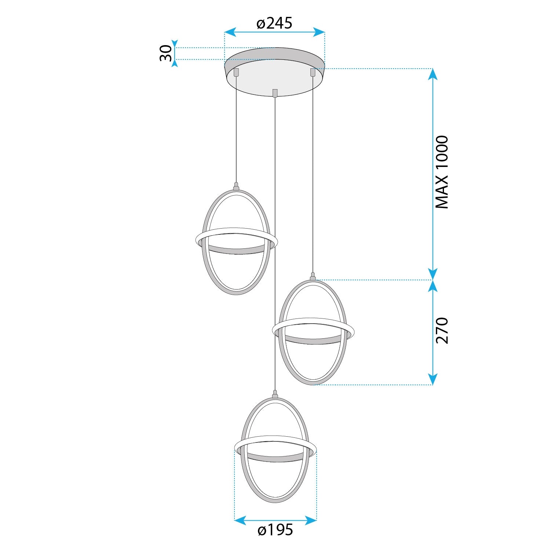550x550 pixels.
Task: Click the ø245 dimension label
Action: point(274,23)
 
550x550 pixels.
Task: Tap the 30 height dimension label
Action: point(166,53)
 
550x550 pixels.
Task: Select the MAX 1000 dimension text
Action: point(441,172)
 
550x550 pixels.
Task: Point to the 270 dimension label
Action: point(442,331)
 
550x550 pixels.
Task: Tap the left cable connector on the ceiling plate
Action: point(236,72)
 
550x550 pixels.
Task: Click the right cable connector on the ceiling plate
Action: point(313,72)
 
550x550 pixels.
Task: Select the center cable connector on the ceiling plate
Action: point(275,93)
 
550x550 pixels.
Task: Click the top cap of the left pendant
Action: point(236,187)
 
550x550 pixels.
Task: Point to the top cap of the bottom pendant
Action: point(275,394)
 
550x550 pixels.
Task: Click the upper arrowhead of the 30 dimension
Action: point(175,44)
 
